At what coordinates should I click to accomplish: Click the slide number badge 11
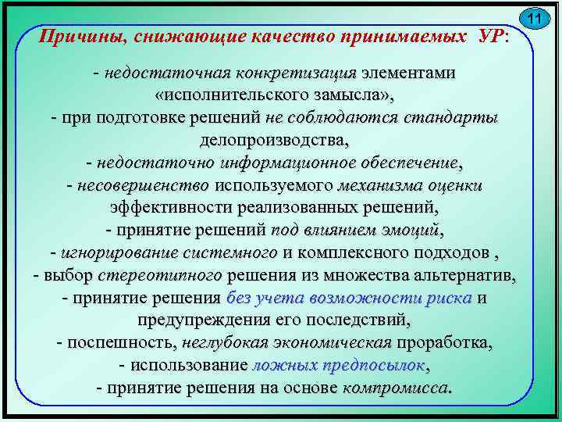pos(535,19)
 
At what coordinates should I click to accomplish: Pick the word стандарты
pos(453,118)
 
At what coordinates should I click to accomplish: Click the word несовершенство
pos(144,186)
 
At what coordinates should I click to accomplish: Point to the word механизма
pos(382,186)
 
